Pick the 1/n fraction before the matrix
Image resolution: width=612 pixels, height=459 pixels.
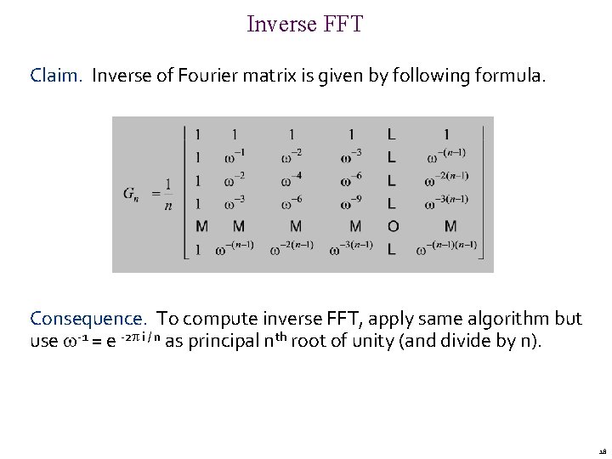[x=169, y=194]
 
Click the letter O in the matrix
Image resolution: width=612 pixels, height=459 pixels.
[x=391, y=226]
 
